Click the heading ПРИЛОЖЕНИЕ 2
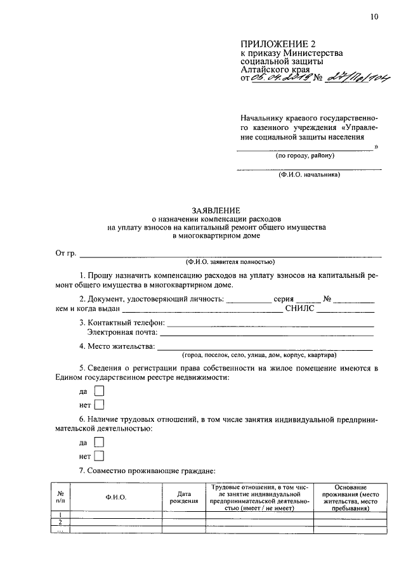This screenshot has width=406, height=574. coord(278,44)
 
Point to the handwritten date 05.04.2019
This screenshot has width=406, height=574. coord(280,78)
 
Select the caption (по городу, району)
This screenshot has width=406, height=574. coord(304,155)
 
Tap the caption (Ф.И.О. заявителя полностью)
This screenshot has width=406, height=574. coord(230,261)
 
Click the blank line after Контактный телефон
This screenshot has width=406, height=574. coord(270,325)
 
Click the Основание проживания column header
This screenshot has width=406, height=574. coord(350,497)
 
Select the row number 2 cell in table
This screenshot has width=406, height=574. coord(60,522)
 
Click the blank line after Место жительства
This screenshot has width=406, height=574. coord(265,348)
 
